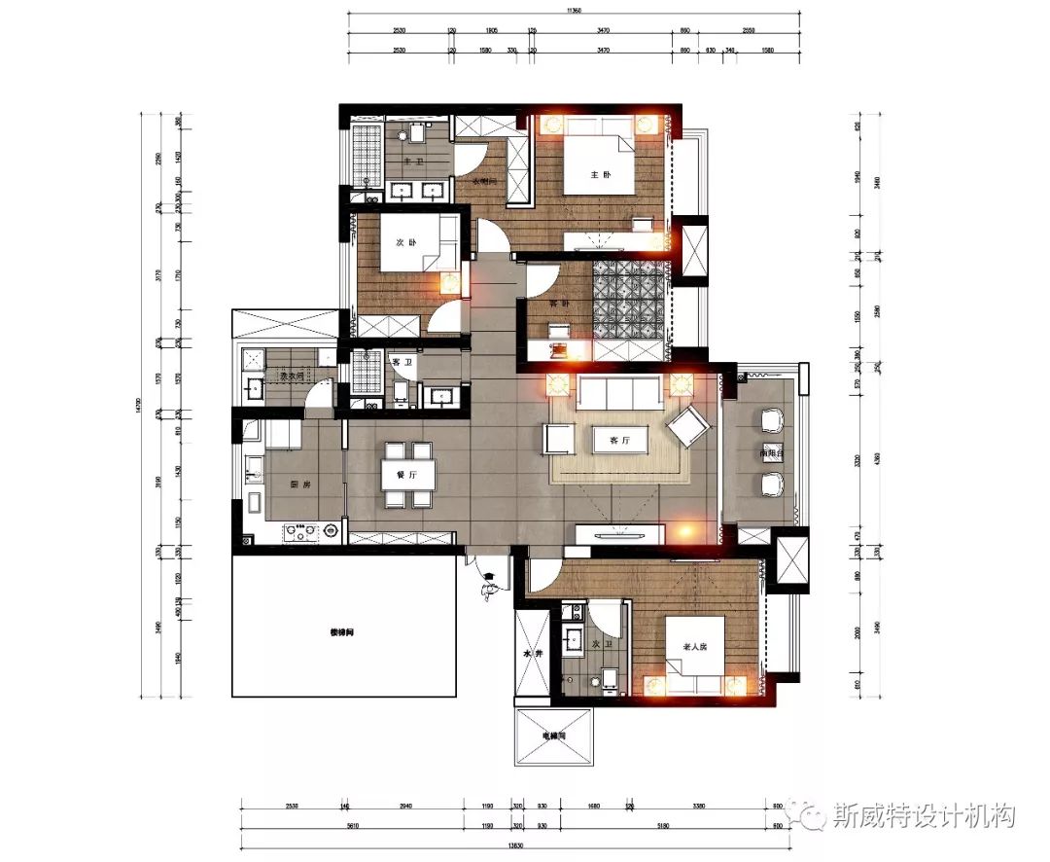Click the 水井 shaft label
pos(531,655)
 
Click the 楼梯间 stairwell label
pos(342,631)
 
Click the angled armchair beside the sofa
pos(689,426)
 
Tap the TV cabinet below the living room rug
pos(619,533)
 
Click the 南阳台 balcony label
pos(774,453)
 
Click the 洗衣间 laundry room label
pos(292,376)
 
